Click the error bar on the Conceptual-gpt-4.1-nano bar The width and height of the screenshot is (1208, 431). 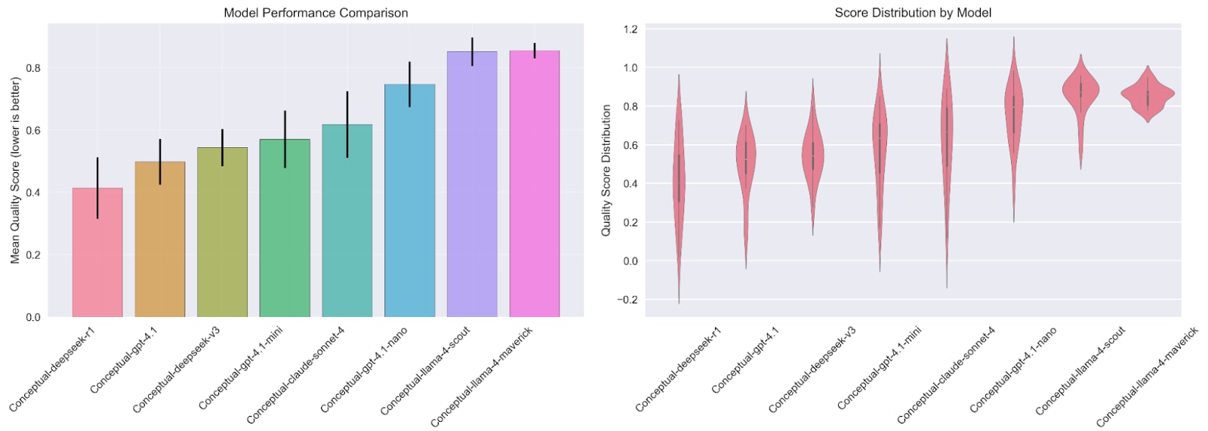pyautogui.click(x=410, y=84)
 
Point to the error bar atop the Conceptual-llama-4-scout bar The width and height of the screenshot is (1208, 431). pyautogui.click(x=473, y=51)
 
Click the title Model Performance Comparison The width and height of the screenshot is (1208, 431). pyautogui.click(x=316, y=13)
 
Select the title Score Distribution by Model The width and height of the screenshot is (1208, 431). pyautogui.click(x=913, y=13)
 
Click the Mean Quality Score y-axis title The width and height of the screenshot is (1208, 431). pyautogui.click(x=15, y=170)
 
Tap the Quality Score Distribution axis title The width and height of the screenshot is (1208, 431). pyautogui.click(x=606, y=171)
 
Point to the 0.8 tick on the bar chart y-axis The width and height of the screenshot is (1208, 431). pyautogui.click(x=33, y=68)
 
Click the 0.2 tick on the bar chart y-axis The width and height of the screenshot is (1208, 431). pyautogui.click(x=33, y=255)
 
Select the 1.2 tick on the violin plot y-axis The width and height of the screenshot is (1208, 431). pyautogui.click(x=630, y=29)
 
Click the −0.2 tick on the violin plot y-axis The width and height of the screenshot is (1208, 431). pyautogui.click(x=627, y=300)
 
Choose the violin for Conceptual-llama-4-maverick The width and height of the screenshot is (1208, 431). pyautogui.click(x=1148, y=94)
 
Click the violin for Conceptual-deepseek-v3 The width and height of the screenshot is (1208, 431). pyautogui.click(x=813, y=155)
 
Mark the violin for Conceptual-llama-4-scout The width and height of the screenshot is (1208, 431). pyautogui.click(x=1080, y=91)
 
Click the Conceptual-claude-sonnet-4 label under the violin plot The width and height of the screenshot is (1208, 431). pyautogui.click(x=947, y=375)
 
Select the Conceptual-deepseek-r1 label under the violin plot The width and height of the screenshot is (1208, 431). pyautogui.click(x=679, y=369)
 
